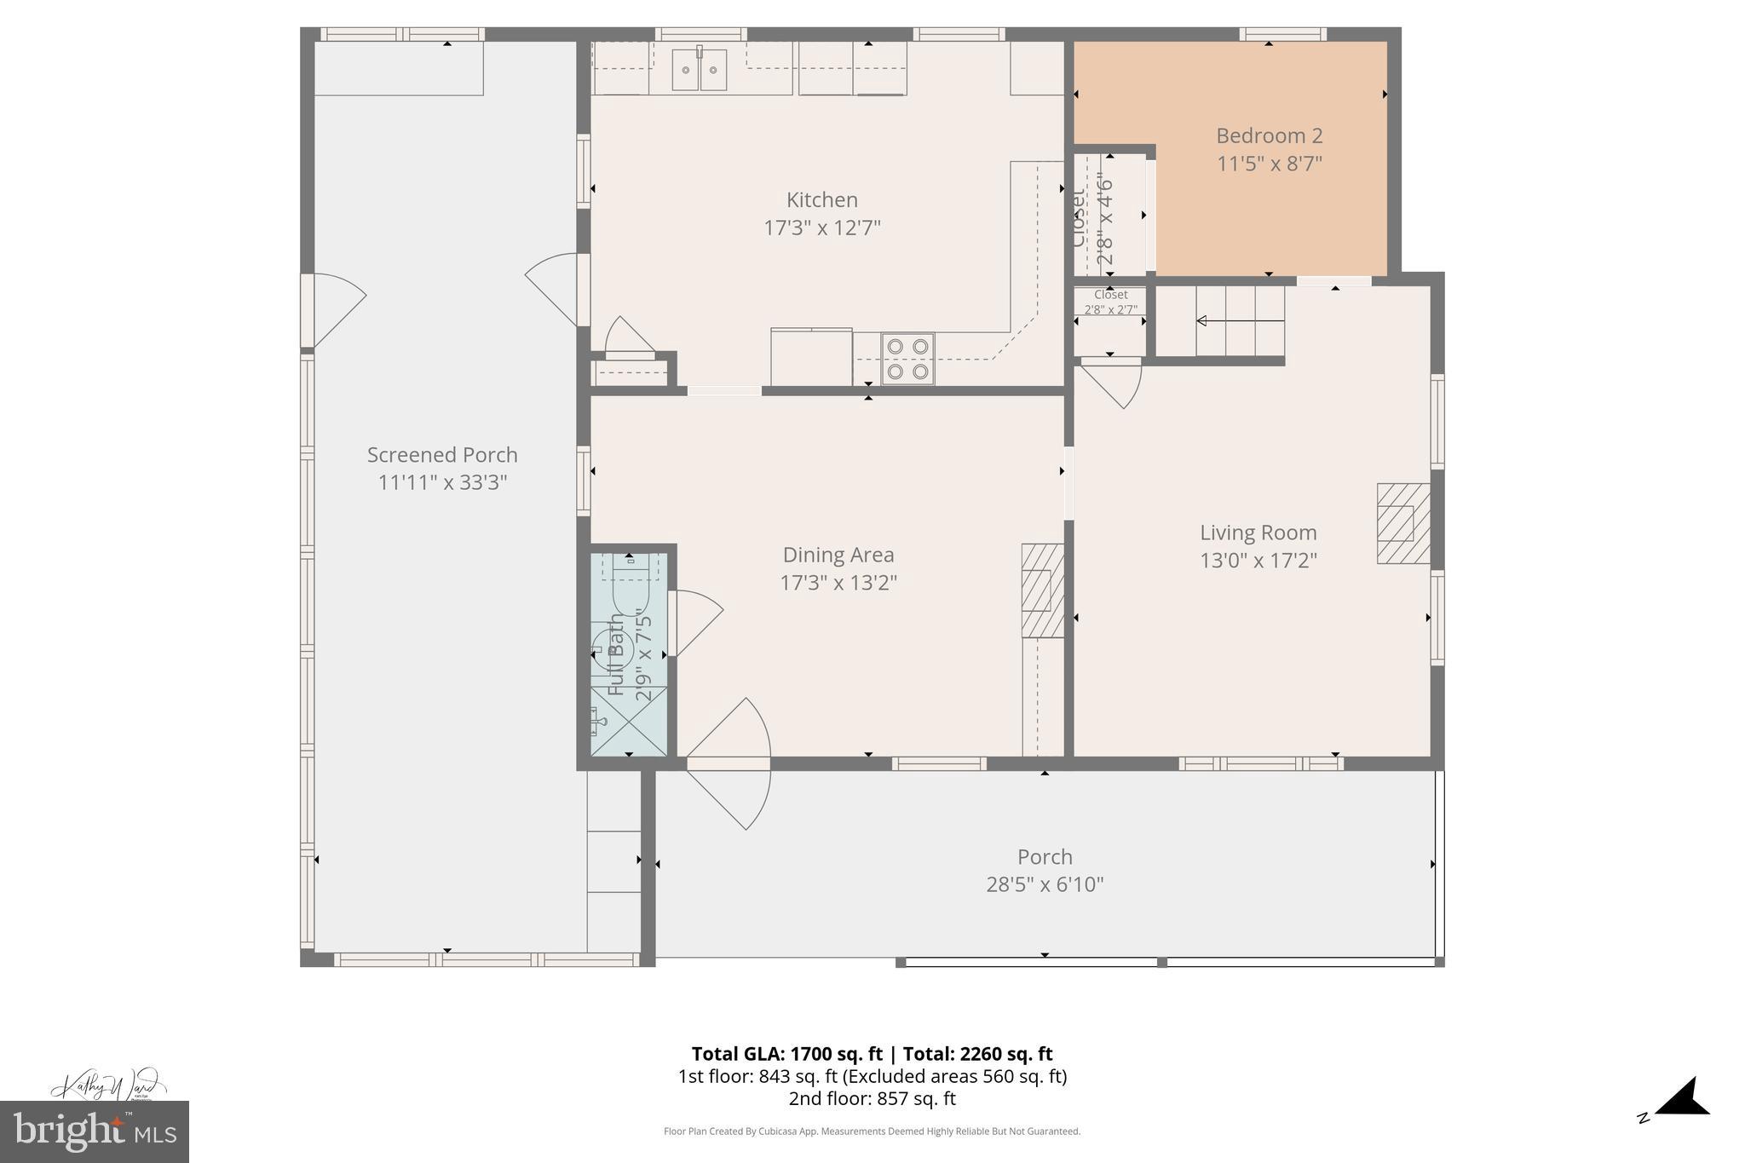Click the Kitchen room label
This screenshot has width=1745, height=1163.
coord(821,200)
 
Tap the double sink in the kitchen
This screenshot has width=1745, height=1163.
coord(699,70)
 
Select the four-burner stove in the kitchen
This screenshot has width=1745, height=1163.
coord(907,359)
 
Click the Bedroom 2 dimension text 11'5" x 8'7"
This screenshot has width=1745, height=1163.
coord(1269,164)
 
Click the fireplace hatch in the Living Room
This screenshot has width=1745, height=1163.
coord(1403,523)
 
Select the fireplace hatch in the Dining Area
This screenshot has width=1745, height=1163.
coord(1042,590)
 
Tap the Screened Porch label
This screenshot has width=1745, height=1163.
coord(442,455)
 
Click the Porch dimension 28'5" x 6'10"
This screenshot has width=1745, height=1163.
coord(1045,884)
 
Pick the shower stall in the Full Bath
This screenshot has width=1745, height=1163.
coord(629,721)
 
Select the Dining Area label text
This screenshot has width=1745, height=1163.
coord(838,556)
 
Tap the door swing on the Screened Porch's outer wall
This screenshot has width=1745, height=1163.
coord(337,307)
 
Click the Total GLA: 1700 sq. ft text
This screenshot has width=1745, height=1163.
coord(786,1054)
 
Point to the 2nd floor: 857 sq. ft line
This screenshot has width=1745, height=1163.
coord(872,1098)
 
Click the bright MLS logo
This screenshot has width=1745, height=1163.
coord(94,1131)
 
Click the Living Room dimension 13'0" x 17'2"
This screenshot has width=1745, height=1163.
coord(1258,561)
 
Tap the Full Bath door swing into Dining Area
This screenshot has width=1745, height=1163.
coord(697,620)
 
